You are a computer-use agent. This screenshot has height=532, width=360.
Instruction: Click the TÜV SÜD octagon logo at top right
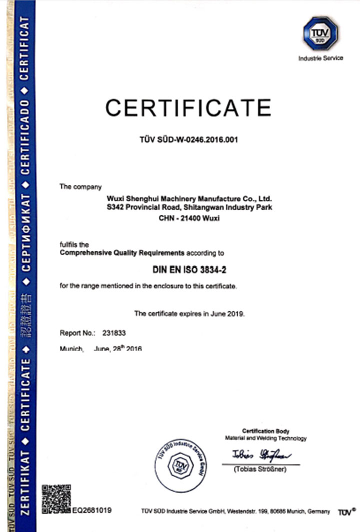pyautogui.click(x=320, y=33)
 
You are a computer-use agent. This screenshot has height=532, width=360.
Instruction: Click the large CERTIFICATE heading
pyautogui.click(x=187, y=107)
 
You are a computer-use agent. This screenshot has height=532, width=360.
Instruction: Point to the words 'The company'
pyautogui.click(x=73, y=187)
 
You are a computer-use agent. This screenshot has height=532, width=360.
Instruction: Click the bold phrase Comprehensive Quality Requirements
pyautogui.click(x=122, y=253)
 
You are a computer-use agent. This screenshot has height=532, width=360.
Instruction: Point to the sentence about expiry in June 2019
pyautogui.click(x=189, y=313)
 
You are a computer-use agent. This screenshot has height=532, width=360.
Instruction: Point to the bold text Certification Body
pyautogui.click(x=265, y=431)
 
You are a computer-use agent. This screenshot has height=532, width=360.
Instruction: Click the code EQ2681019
pyautogui.click(x=92, y=511)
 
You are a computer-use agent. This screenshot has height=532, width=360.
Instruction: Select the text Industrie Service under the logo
pyautogui.click(x=320, y=58)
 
